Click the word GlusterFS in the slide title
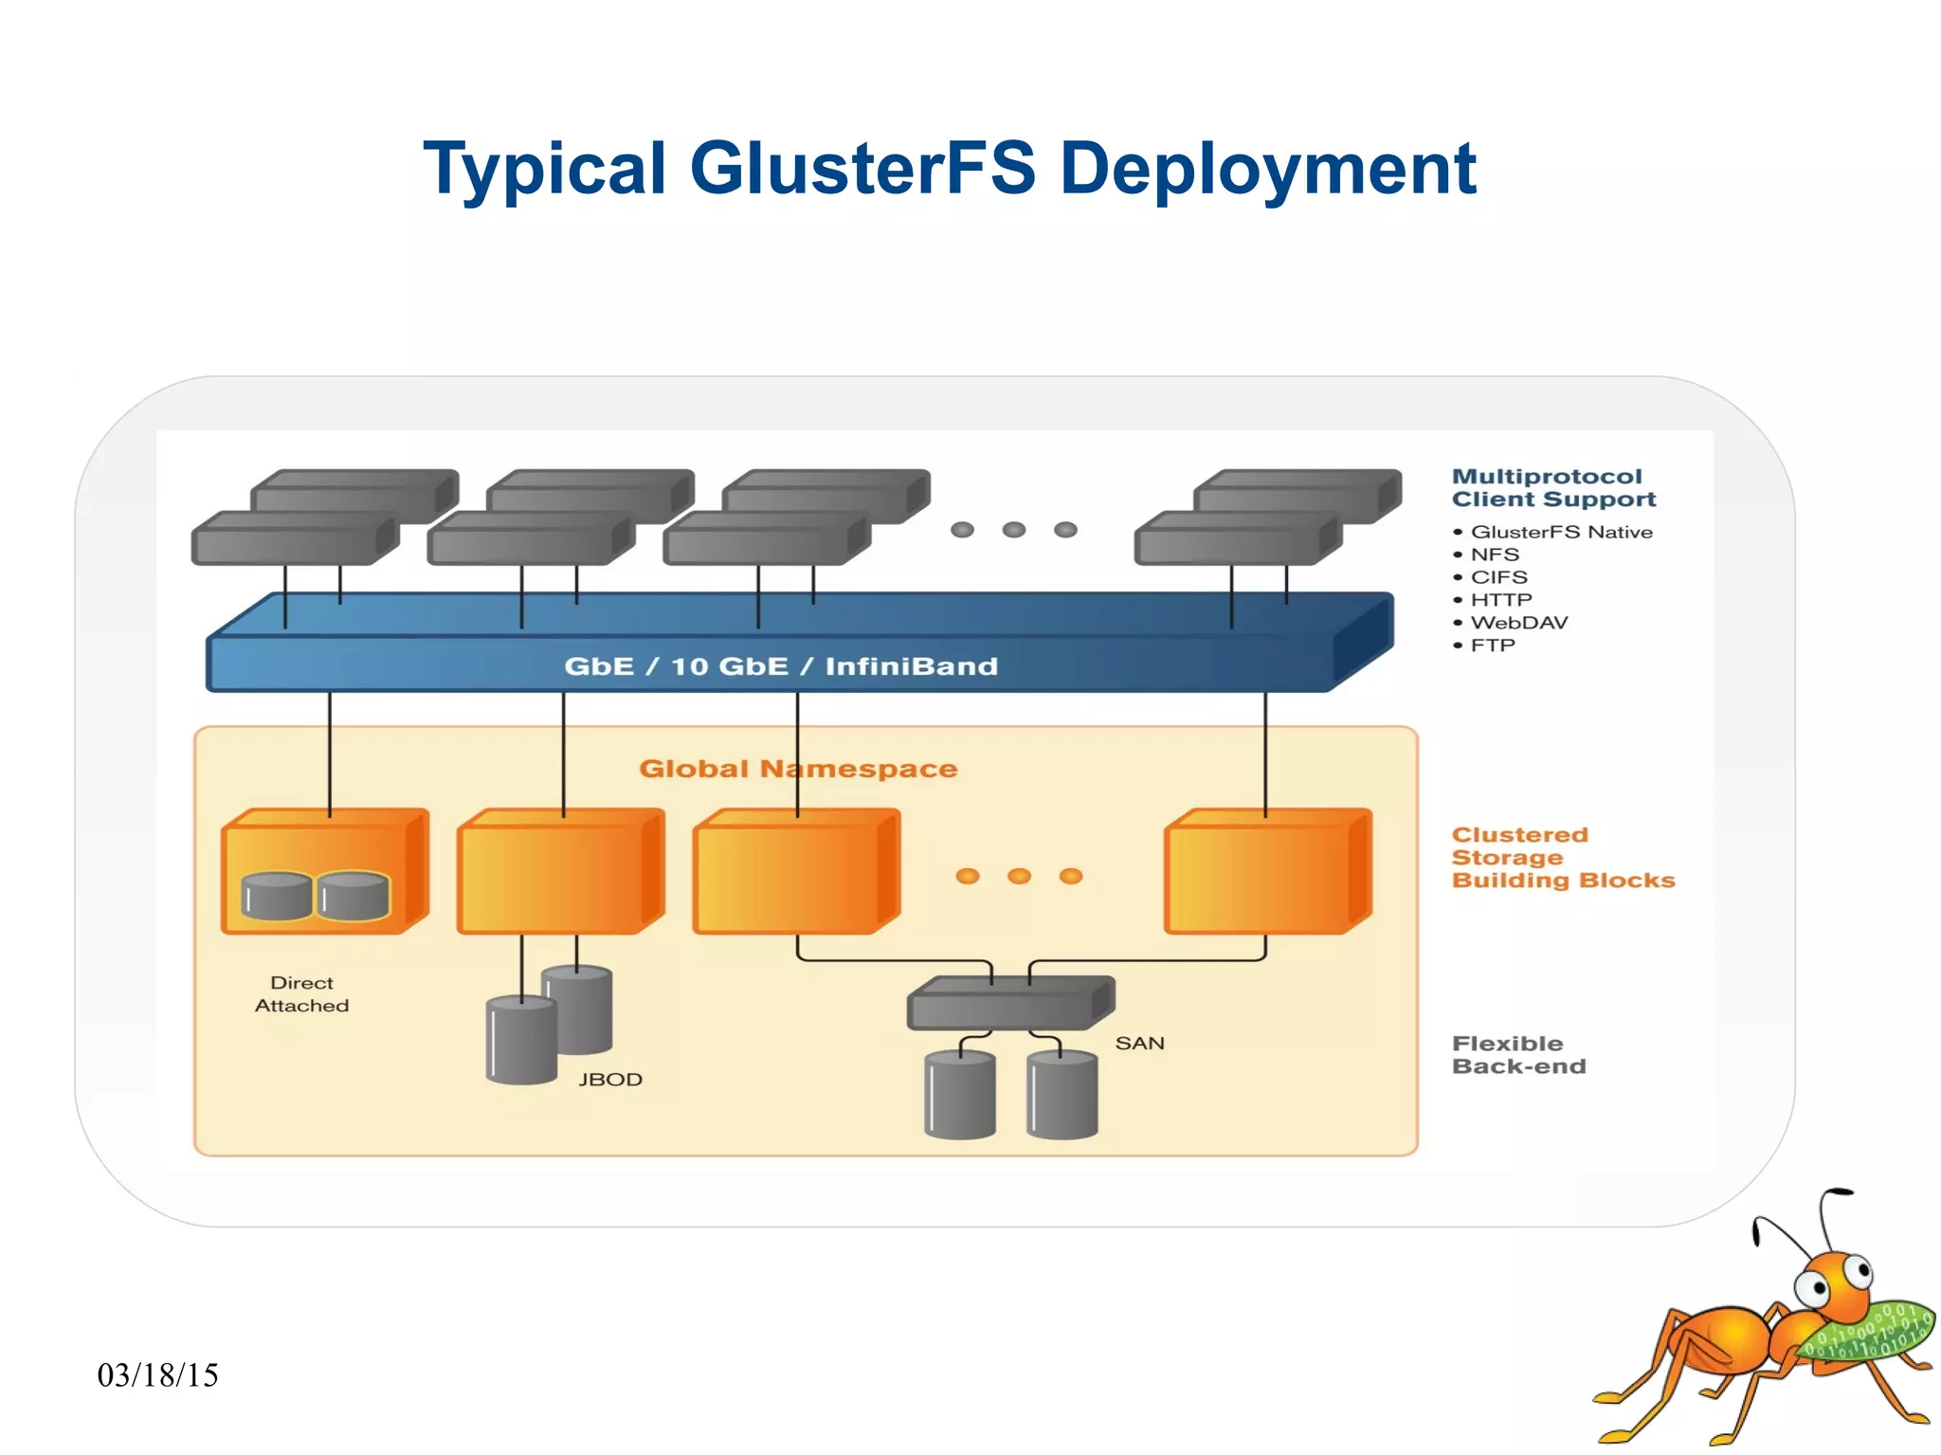pyautogui.click(x=862, y=169)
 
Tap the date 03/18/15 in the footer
pyautogui.click(x=157, y=1375)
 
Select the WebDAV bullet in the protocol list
pyautogui.click(x=1518, y=623)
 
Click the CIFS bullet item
pyautogui.click(x=1498, y=577)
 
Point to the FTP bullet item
pyautogui.click(x=1493, y=646)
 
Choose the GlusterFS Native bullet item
pyautogui.click(x=1560, y=532)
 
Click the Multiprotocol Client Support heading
pyautogui.click(x=1552, y=488)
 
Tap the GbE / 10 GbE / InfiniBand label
pyautogui.click(x=781, y=666)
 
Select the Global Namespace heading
pyautogui.click(x=798, y=769)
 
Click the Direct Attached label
pyautogui.click(x=301, y=994)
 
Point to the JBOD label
pyautogui.click(x=610, y=1080)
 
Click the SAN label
pyautogui.click(x=1139, y=1044)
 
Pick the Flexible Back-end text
pyautogui.click(x=1518, y=1055)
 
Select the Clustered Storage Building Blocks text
pyautogui.click(x=1562, y=858)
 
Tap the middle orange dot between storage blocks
pyautogui.click(x=1019, y=876)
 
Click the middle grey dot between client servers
pyautogui.click(x=1013, y=530)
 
